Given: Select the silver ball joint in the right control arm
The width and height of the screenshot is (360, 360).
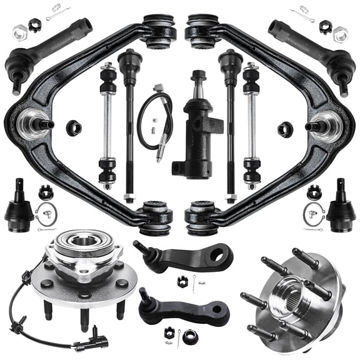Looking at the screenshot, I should coord(326,122).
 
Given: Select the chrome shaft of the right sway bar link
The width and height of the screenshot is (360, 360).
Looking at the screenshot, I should coord(252,131).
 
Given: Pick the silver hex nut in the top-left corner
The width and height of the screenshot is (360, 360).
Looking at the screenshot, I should coord(19,29).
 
